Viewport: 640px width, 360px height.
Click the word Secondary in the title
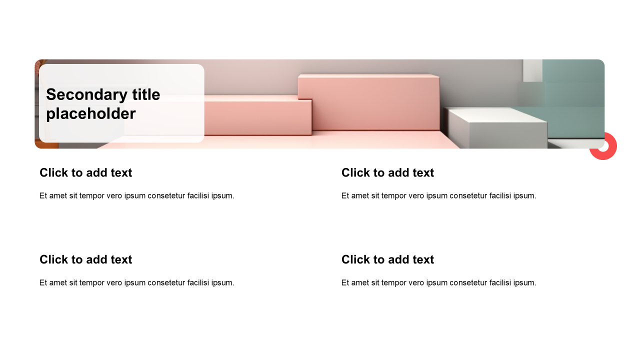(x=86, y=95)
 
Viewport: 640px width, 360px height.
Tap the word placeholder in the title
(x=91, y=113)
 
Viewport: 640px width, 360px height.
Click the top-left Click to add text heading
(x=85, y=172)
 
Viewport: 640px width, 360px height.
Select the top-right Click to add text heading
(x=387, y=172)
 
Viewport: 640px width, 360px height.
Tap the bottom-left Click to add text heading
(x=85, y=259)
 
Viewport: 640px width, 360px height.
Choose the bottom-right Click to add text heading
(x=387, y=259)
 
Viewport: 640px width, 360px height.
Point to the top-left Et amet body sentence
(x=137, y=195)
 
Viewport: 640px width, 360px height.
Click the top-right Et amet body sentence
(x=439, y=195)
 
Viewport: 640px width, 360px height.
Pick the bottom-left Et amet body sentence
(x=137, y=282)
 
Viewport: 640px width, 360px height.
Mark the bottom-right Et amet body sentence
(x=439, y=282)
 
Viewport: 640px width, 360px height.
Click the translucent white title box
(x=121, y=103)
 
